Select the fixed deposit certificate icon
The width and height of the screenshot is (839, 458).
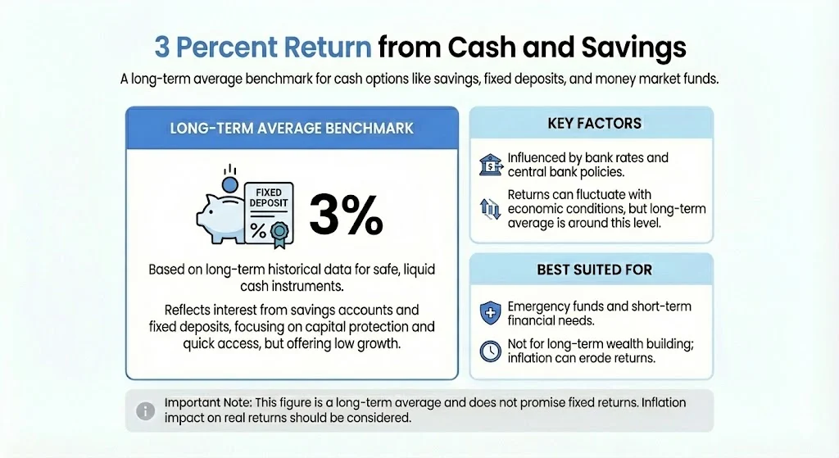pyautogui.click(x=266, y=211)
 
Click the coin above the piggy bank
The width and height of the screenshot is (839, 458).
pyautogui.click(x=229, y=184)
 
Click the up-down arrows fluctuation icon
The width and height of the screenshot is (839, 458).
pyautogui.click(x=489, y=209)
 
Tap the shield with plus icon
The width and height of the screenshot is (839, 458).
pyautogui.click(x=489, y=313)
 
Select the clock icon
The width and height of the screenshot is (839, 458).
pyautogui.click(x=489, y=351)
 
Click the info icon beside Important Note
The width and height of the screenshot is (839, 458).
pyautogui.click(x=145, y=410)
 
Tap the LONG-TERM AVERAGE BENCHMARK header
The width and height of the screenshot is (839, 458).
pyautogui.click(x=291, y=128)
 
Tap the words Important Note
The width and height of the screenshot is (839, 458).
pyautogui.click(x=207, y=403)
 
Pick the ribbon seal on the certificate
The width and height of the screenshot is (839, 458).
pyautogui.click(x=279, y=233)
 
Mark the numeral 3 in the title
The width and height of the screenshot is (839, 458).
pyautogui.click(x=162, y=48)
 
